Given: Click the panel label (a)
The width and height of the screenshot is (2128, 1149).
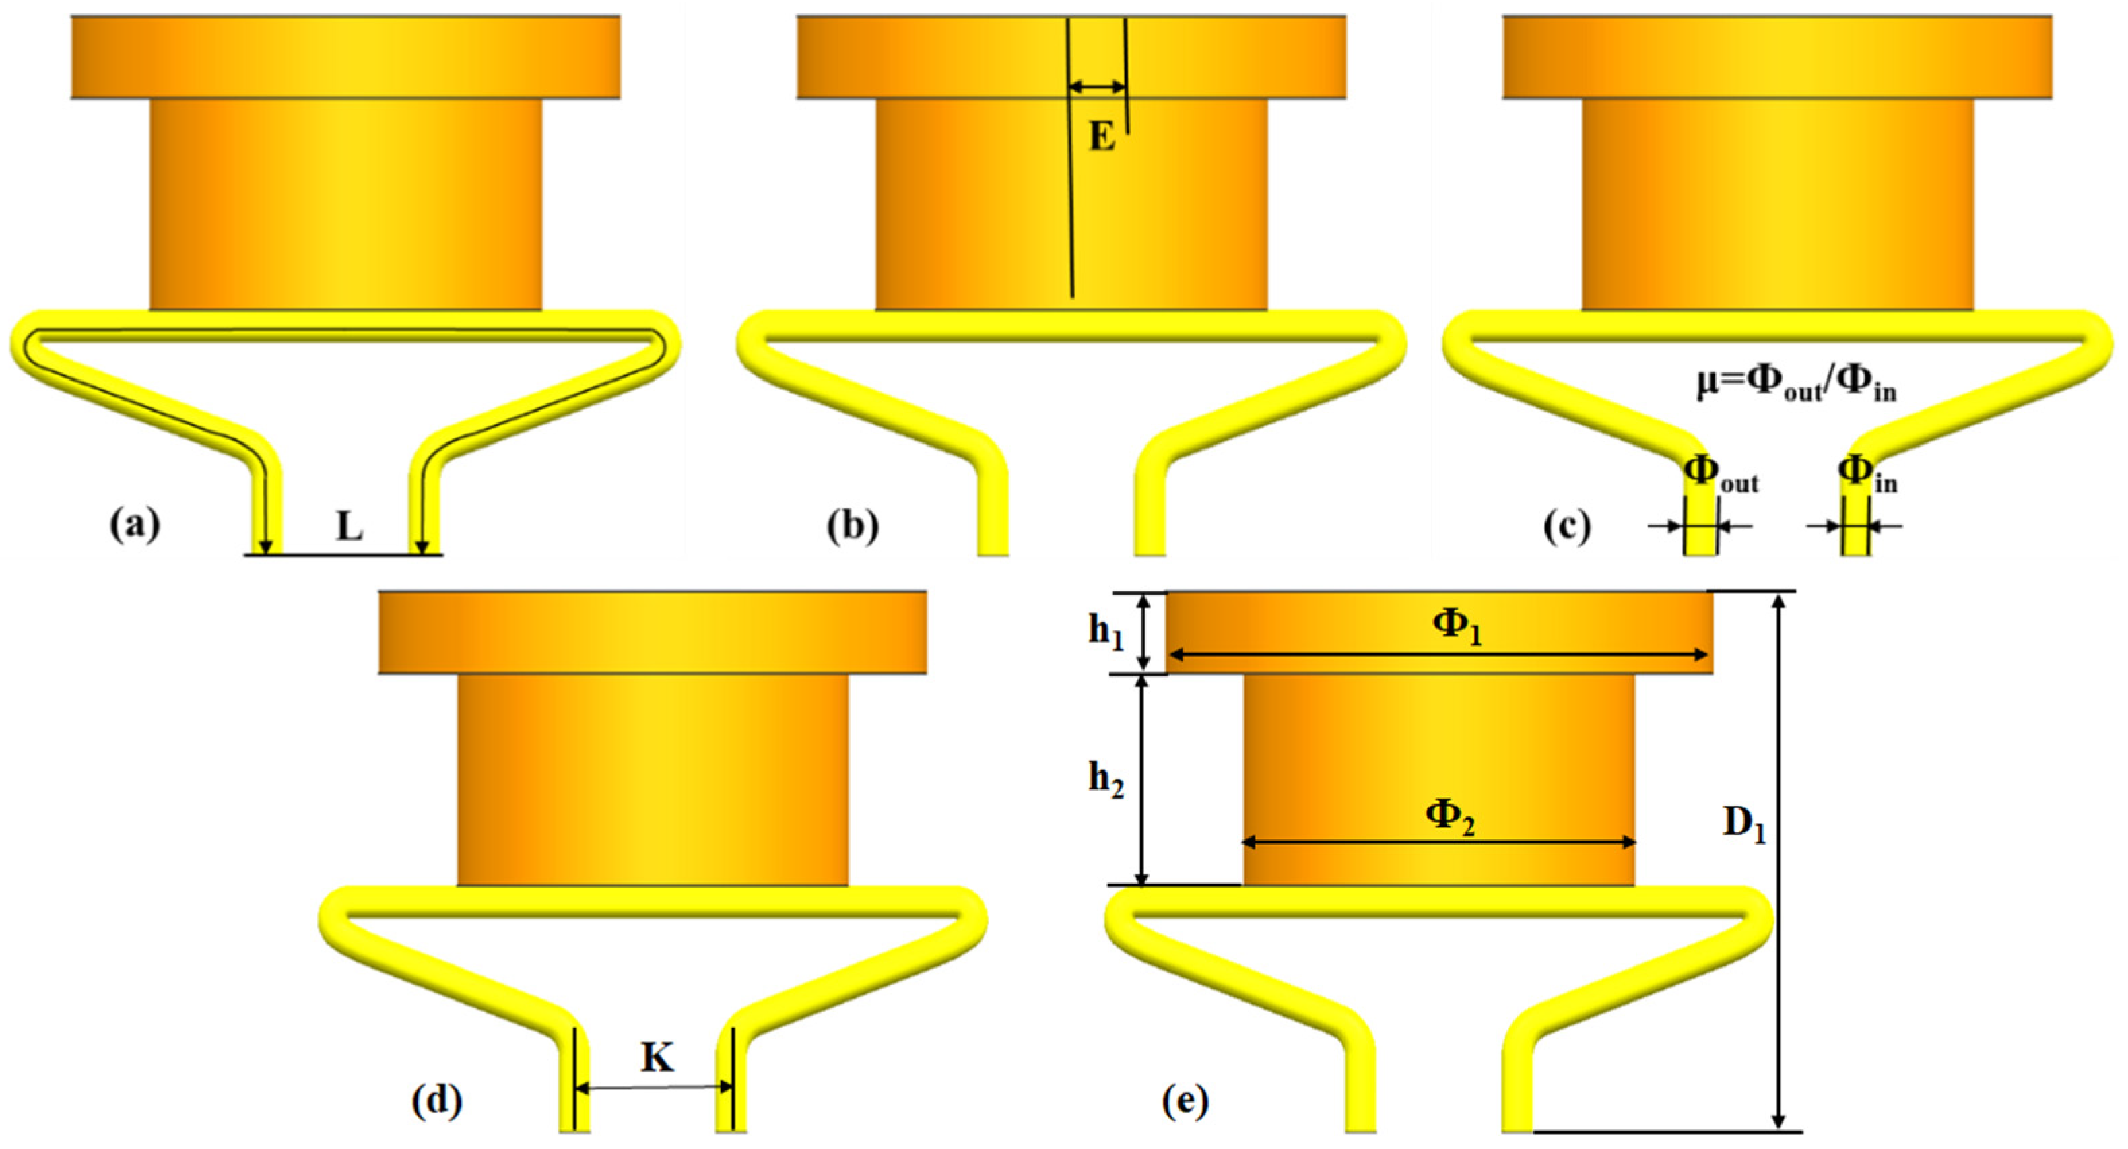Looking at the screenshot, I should point(135,525).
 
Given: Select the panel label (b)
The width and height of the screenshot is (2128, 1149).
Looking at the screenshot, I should point(853,525).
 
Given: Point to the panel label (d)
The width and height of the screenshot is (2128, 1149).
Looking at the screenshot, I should point(437,1101).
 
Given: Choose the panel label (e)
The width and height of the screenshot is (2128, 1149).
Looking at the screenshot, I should point(1185,1101).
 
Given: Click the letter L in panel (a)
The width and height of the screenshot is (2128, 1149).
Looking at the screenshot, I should point(350,527).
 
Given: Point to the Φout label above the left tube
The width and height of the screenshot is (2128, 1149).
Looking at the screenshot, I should point(1720,474).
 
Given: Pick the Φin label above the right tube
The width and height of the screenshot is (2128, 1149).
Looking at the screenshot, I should point(1867,474).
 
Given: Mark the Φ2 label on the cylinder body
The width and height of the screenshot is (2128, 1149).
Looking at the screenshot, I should point(1451,816).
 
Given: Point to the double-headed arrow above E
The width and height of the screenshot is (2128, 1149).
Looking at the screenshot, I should point(1097,87).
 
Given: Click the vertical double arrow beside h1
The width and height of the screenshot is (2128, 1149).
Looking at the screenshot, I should point(1144,632).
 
